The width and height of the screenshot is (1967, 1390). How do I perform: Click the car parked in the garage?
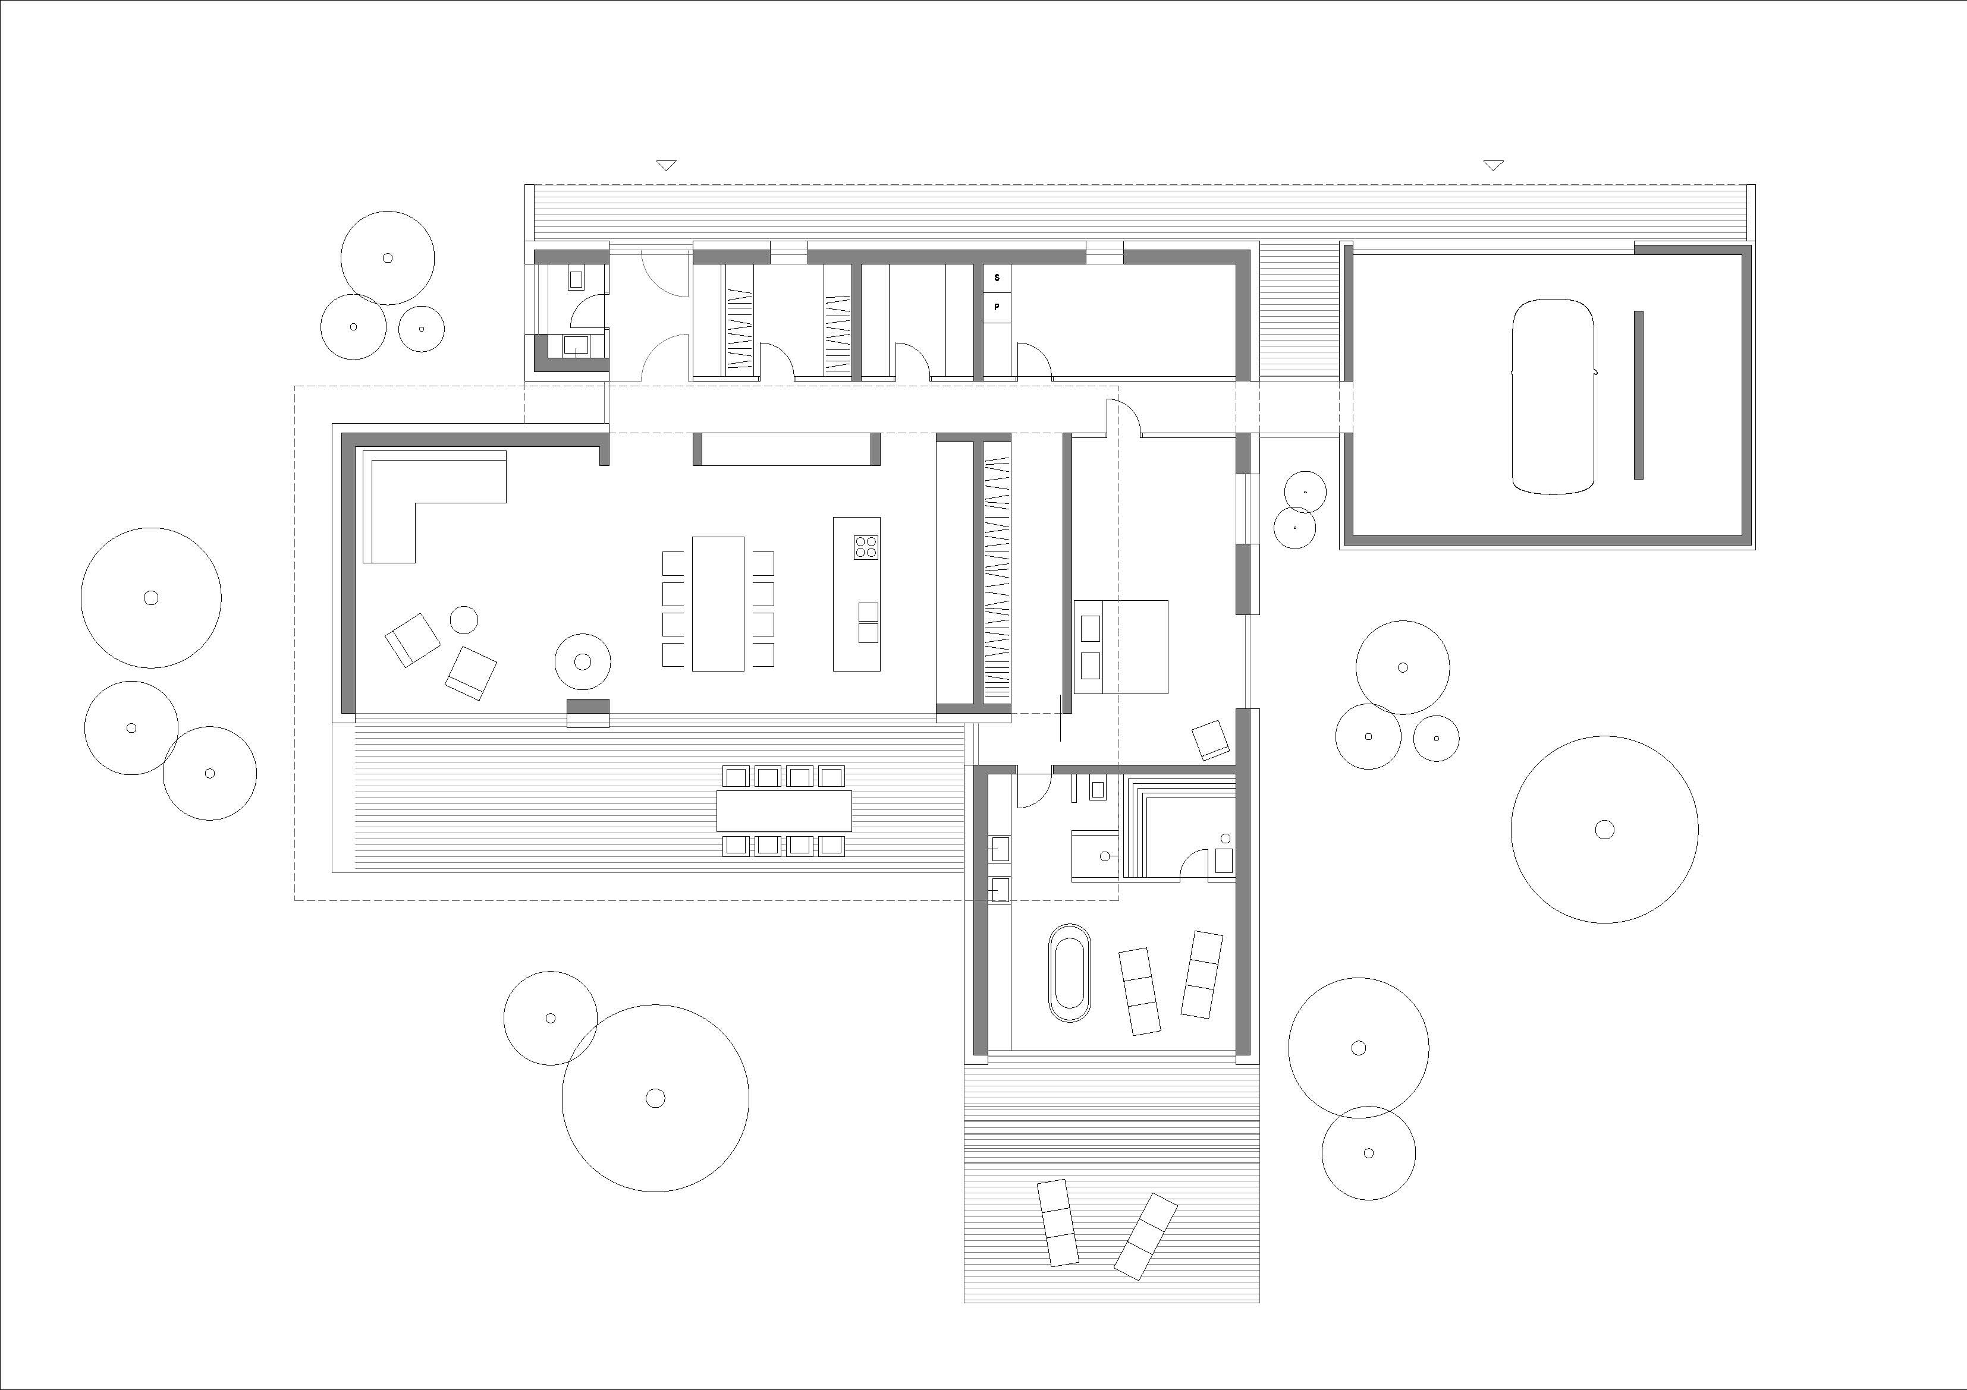point(1553,396)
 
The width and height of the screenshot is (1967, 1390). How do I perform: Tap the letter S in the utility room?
point(997,278)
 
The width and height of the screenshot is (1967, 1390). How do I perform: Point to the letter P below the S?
point(997,305)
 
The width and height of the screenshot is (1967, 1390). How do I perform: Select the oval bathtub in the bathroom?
point(1069,973)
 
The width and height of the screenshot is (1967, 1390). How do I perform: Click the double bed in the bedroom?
point(1121,647)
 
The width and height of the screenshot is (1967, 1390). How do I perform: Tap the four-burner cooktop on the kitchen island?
point(865,546)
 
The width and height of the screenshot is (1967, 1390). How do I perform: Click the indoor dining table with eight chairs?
point(718,604)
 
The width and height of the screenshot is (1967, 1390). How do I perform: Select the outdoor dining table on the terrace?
point(784,810)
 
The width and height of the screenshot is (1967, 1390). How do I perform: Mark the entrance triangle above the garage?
point(1493,165)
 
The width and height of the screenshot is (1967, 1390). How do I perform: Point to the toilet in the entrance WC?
point(576,279)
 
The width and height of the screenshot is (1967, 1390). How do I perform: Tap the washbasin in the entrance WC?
point(576,345)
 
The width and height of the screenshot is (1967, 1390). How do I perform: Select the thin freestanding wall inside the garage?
point(1638,395)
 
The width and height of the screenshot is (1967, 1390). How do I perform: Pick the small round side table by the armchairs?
point(463,620)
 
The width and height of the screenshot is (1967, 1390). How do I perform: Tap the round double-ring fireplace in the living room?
point(583,661)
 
